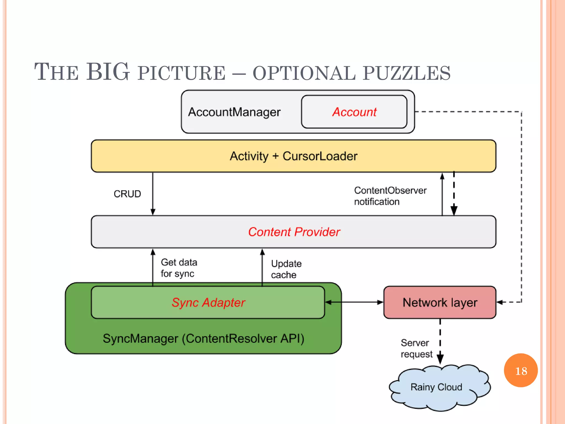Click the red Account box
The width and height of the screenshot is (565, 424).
click(354, 112)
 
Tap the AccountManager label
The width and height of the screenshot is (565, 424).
click(234, 112)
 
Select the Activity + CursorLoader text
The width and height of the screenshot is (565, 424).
click(294, 156)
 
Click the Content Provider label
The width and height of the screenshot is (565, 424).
click(294, 232)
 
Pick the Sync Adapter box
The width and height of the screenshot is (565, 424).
click(208, 303)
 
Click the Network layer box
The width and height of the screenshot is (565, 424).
click(440, 303)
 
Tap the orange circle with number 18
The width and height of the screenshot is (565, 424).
click(521, 370)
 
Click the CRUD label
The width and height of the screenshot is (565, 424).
click(127, 194)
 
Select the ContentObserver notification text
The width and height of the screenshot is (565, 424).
click(390, 196)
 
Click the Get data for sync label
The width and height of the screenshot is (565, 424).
click(179, 268)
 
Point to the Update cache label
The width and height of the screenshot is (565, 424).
click(286, 269)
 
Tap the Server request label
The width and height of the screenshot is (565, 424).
click(416, 348)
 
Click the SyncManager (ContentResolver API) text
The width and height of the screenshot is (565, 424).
click(203, 338)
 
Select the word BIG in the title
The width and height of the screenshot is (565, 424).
click(108, 72)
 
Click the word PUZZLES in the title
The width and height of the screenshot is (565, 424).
click(407, 73)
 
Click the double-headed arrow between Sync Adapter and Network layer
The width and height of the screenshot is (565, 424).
click(354, 302)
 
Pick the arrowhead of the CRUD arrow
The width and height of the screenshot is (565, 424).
click(153, 212)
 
